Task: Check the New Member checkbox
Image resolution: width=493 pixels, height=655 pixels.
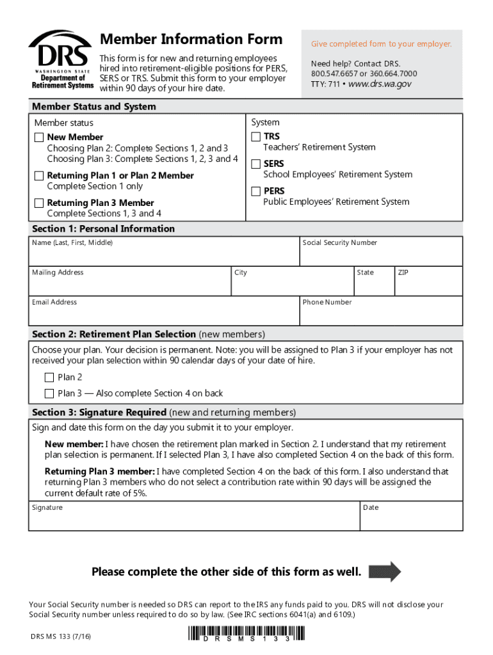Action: pyautogui.click(x=39, y=137)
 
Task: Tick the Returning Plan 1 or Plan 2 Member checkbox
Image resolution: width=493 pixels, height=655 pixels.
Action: pyautogui.click(x=39, y=175)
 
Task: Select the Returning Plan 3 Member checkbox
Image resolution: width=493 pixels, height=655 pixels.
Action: pyautogui.click(x=39, y=203)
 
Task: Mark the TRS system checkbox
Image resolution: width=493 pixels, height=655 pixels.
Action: pyautogui.click(x=256, y=136)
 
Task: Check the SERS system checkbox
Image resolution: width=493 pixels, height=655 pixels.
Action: pyautogui.click(x=256, y=164)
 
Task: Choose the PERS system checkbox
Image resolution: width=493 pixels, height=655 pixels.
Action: pyautogui.click(x=256, y=191)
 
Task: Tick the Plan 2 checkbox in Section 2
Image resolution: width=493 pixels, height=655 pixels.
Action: pyautogui.click(x=49, y=377)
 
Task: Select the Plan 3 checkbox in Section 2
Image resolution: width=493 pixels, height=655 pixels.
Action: pyautogui.click(x=49, y=393)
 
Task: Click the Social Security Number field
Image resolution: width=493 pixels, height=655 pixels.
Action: pyautogui.click(x=381, y=255)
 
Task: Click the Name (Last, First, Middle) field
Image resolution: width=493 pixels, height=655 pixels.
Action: pyautogui.click(x=164, y=255)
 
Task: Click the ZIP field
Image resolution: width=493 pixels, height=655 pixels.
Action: pyautogui.click(x=428, y=284)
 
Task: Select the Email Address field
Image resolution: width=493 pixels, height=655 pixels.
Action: pyautogui.click(x=164, y=314)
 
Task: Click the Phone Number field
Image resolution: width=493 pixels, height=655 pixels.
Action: pyautogui.click(x=381, y=314)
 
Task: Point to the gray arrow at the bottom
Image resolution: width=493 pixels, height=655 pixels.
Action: pyautogui.click(x=385, y=571)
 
